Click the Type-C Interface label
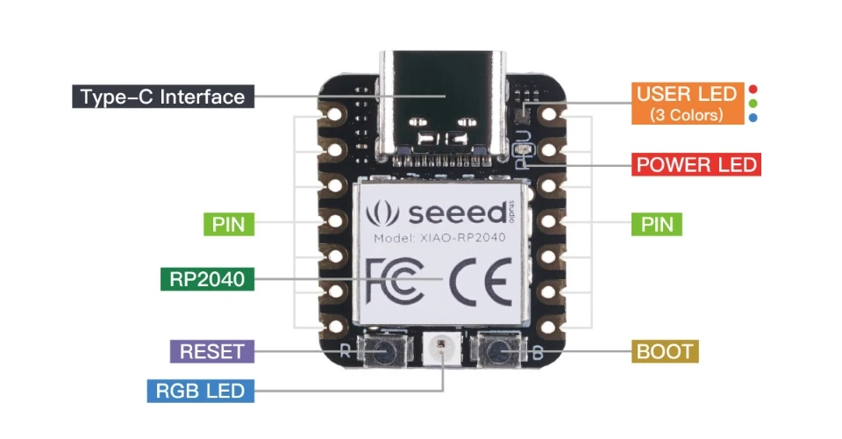tap(162, 97)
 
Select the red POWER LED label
tap(696, 164)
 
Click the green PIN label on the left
tap(230, 224)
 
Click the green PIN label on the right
tap(657, 224)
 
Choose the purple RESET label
tap(211, 352)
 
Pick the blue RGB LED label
tap(200, 391)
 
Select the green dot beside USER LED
tap(753, 104)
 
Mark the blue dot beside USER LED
tap(753, 117)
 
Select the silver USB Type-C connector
tap(444, 101)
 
